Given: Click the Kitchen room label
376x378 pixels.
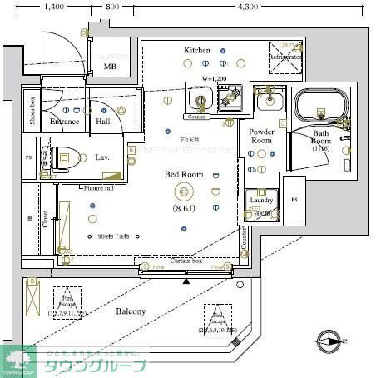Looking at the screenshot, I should (x=197, y=51).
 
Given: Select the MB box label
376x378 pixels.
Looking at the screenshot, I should (x=110, y=67).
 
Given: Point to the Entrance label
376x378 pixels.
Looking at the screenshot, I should (x=64, y=122).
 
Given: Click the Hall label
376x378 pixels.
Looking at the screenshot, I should (x=102, y=122).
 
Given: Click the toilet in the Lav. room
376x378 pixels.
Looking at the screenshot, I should (x=65, y=155).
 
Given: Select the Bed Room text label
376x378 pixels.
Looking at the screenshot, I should (x=184, y=174).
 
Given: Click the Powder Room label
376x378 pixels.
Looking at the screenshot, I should (x=262, y=136).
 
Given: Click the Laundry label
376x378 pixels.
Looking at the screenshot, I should (x=261, y=201).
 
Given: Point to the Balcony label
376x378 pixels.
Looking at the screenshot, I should (x=131, y=311).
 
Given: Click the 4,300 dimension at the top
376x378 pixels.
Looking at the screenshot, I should (x=247, y=6).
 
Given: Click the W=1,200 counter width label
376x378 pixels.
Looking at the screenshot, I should (x=214, y=78).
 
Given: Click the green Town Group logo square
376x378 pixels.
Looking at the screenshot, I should (x=15, y=360).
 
